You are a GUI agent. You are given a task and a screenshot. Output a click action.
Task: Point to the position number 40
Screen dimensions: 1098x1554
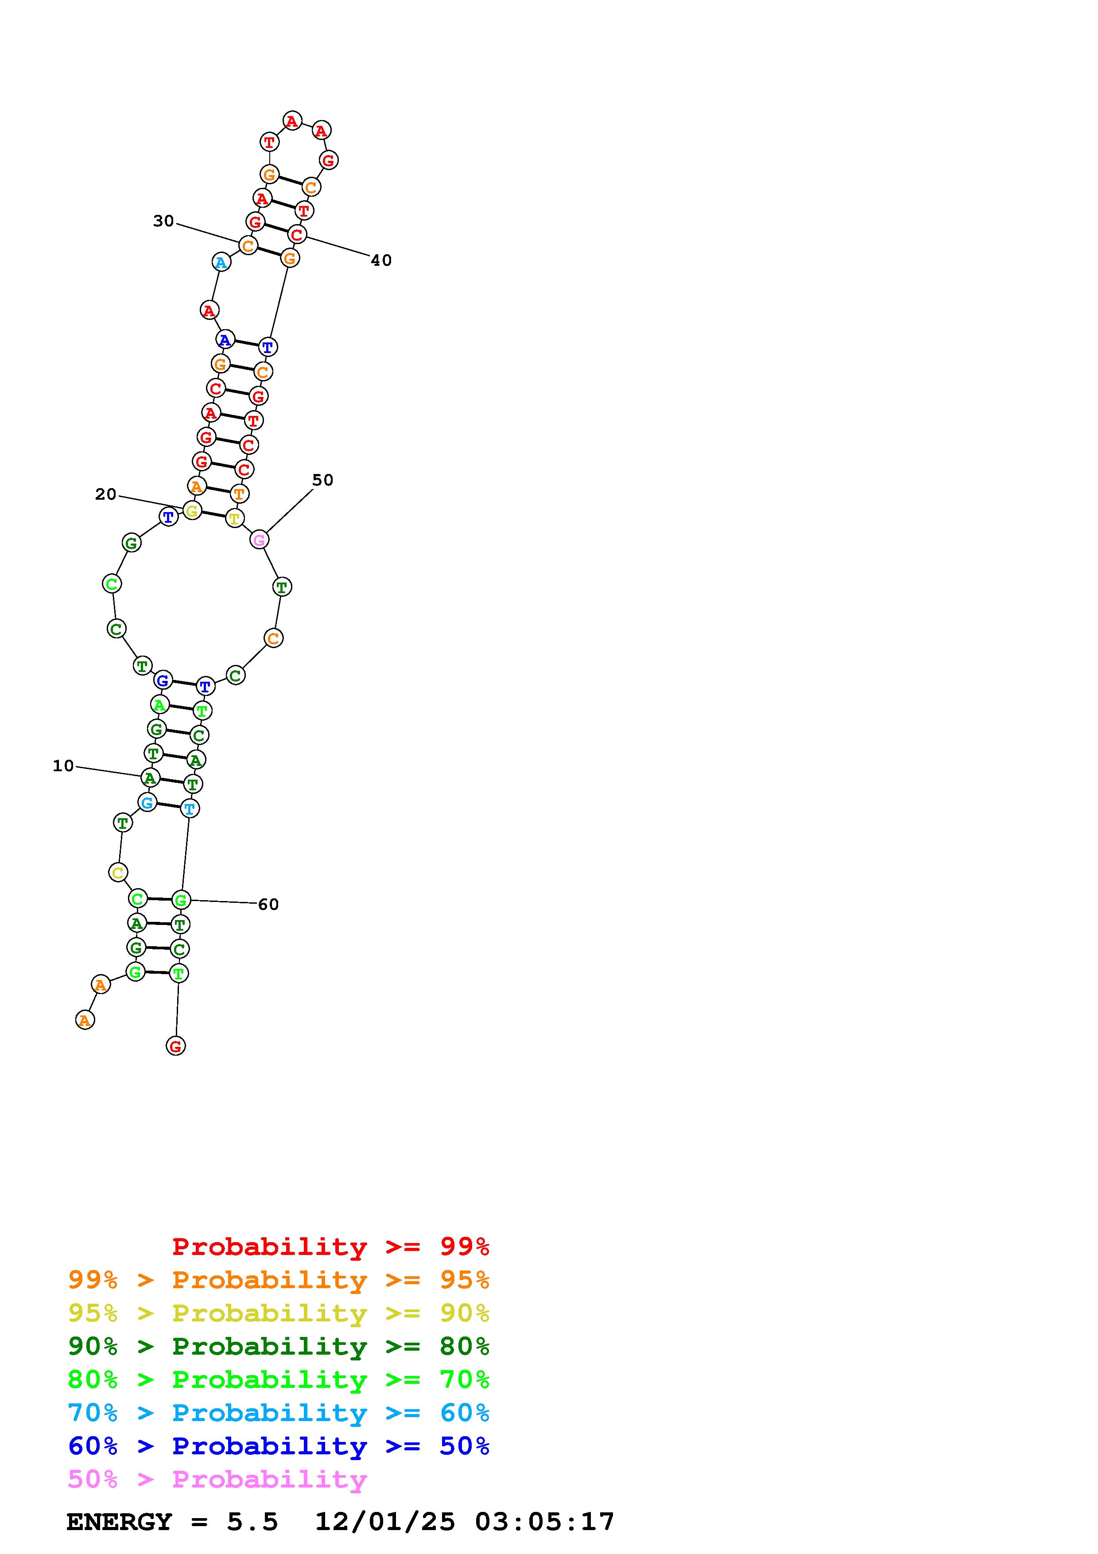click(x=381, y=260)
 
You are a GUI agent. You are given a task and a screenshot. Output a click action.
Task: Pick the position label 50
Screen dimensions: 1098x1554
click(x=323, y=480)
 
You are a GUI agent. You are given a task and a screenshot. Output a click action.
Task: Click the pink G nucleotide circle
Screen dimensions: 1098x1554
click(x=259, y=540)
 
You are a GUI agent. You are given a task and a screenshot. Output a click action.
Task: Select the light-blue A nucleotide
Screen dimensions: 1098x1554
click(x=221, y=262)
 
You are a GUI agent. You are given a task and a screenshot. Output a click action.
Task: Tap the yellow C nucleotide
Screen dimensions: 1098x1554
click(x=118, y=872)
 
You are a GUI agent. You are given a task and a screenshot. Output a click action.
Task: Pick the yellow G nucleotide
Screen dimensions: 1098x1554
click(x=192, y=511)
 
